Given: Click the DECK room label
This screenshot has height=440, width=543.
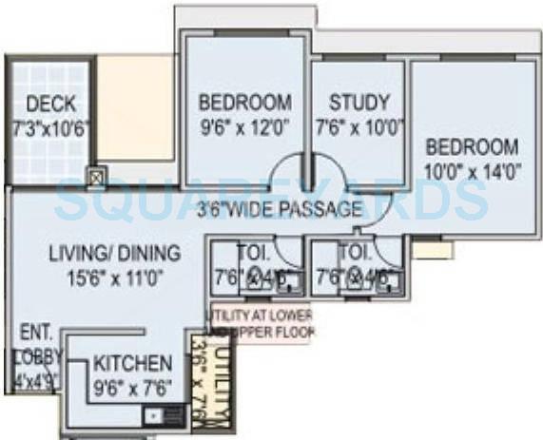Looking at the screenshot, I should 50,104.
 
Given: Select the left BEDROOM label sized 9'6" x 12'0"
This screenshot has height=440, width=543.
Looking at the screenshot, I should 244,103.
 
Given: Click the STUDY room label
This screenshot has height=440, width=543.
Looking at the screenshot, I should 359,103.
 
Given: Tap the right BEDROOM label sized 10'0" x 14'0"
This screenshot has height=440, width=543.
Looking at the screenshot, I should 472,147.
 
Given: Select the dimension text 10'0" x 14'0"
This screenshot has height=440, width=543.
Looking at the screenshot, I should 472,172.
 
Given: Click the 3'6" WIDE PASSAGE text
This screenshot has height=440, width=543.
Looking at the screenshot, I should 281,209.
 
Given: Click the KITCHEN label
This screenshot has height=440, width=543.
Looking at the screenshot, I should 132,363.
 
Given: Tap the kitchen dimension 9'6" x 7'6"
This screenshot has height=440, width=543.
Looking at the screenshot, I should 132,387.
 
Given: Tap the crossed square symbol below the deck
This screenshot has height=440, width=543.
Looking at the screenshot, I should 95,177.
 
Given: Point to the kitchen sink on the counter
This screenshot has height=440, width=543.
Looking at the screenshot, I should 151,413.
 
